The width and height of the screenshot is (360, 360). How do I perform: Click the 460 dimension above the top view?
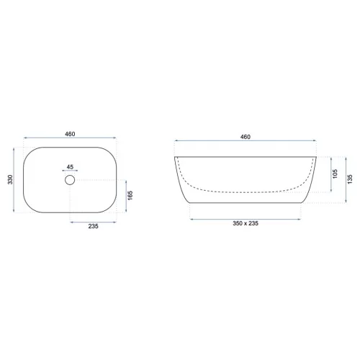pyautogui.click(x=70, y=134)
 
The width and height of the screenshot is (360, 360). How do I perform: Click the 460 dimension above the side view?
pyautogui.click(x=246, y=137)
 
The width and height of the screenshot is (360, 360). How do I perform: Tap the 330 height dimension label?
pyautogui.click(x=10, y=179)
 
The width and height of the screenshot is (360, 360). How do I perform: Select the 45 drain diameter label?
pyautogui.click(x=70, y=167)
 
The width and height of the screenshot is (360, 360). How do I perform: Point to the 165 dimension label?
pyautogui.click(x=130, y=195)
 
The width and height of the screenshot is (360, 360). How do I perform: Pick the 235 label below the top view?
pyautogui.click(x=93, y=226)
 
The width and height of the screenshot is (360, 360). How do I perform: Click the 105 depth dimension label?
pyautogui.click(x=335, y=174)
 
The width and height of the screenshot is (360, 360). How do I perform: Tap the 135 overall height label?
pyautogui.click(x=350, y=179)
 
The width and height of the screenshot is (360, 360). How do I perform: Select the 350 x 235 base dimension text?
pyautogui.click(x=246, y=223)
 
